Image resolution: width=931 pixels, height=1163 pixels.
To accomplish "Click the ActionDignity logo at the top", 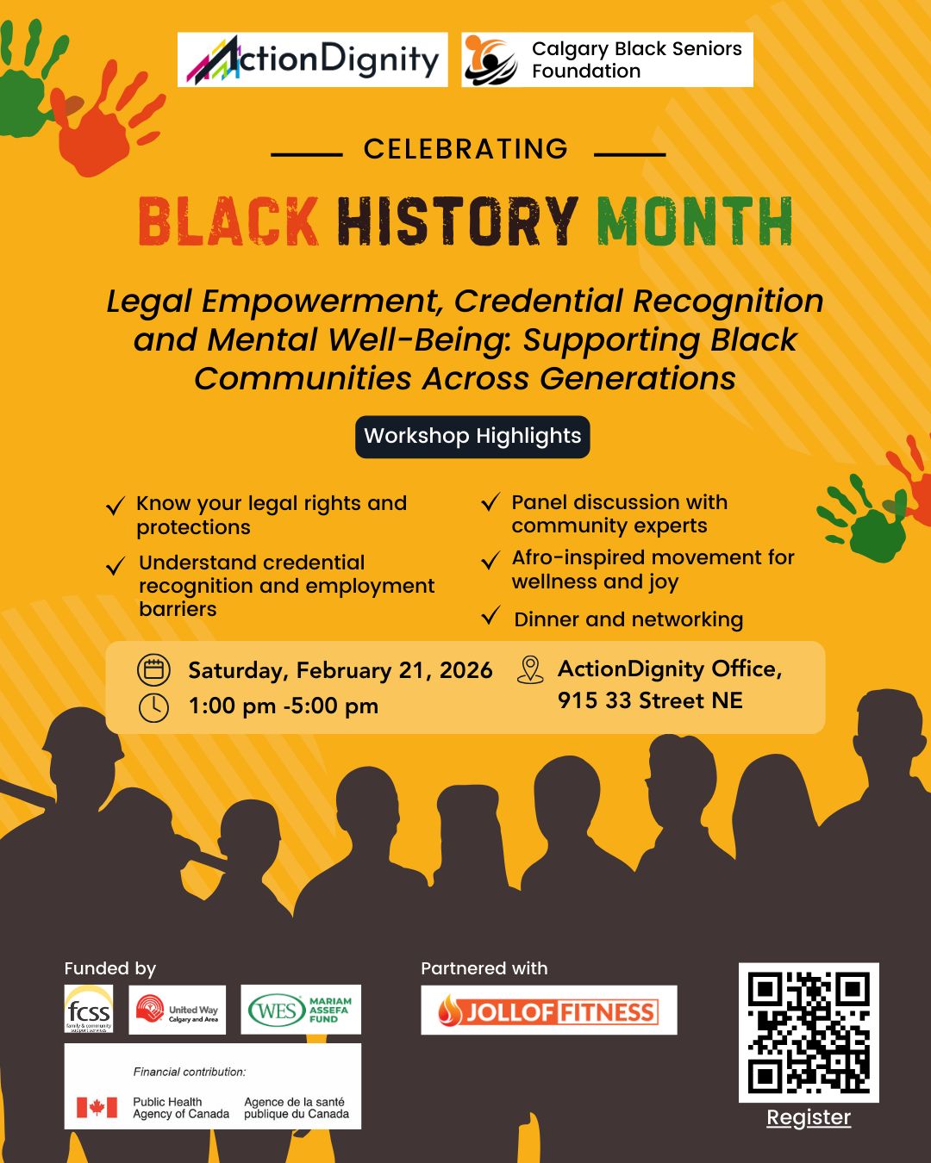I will (312, 59).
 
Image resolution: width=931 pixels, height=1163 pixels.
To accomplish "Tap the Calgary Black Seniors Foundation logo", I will (607, 59).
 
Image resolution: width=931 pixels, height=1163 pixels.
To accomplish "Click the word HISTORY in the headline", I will (457, 221).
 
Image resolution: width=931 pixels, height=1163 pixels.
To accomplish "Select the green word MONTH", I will (694, 221).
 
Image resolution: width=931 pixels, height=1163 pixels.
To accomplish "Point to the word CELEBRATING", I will (465, 149).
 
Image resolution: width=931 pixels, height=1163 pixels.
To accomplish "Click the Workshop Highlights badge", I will (472, 436).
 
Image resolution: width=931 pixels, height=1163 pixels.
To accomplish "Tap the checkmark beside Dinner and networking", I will (490, 616).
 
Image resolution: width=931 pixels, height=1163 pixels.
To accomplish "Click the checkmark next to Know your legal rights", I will (115, 506).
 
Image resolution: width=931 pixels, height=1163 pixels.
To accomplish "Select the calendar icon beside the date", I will (153, 670).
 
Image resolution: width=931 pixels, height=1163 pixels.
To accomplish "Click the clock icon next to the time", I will (153, 707).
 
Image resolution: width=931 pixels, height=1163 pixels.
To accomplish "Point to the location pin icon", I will (530, 669).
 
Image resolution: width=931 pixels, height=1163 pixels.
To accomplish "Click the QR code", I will (809, 1032).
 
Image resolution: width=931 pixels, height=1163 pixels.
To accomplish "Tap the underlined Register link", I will (809, 1117).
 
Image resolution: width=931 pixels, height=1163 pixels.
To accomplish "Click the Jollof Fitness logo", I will (549, 1011).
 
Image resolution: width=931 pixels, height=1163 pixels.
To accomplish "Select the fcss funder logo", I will (89, 1009).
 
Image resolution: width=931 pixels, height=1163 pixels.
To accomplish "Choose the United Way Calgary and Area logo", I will (178, 1010).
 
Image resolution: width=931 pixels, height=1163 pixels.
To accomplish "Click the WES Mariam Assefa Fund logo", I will (301, 1010).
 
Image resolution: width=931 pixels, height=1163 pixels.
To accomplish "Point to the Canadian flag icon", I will (97, 1107).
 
